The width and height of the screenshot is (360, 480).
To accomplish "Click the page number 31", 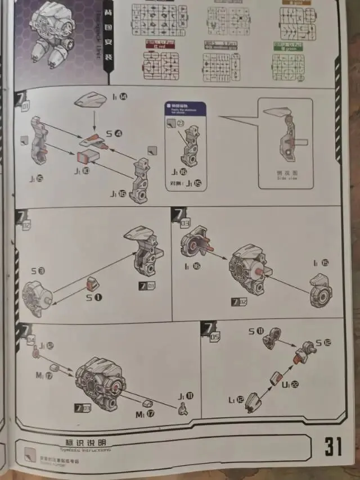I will pyautogui.click(x=332, y=446).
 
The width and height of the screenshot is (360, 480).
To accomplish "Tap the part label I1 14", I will pyautogui.click(x=119, y=97).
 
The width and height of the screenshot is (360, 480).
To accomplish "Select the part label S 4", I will pyautogui.click(x=113, y=133).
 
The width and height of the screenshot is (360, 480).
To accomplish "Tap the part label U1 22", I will pyautogui.click(x=290, y=384).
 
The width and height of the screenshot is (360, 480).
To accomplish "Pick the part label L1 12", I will pyautogui.click(x=236, y=400).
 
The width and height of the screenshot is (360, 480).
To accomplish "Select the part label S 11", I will pyautogui.click(x=256, y=332).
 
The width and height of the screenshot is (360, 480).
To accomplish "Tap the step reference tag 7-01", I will pyautogui.click(x=147, y=286).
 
